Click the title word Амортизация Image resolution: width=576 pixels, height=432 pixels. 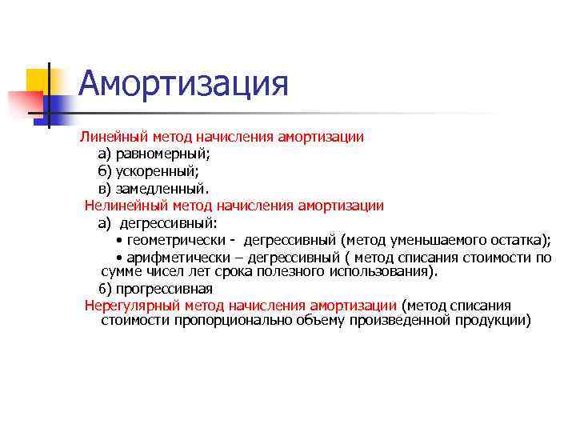point(183,84)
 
